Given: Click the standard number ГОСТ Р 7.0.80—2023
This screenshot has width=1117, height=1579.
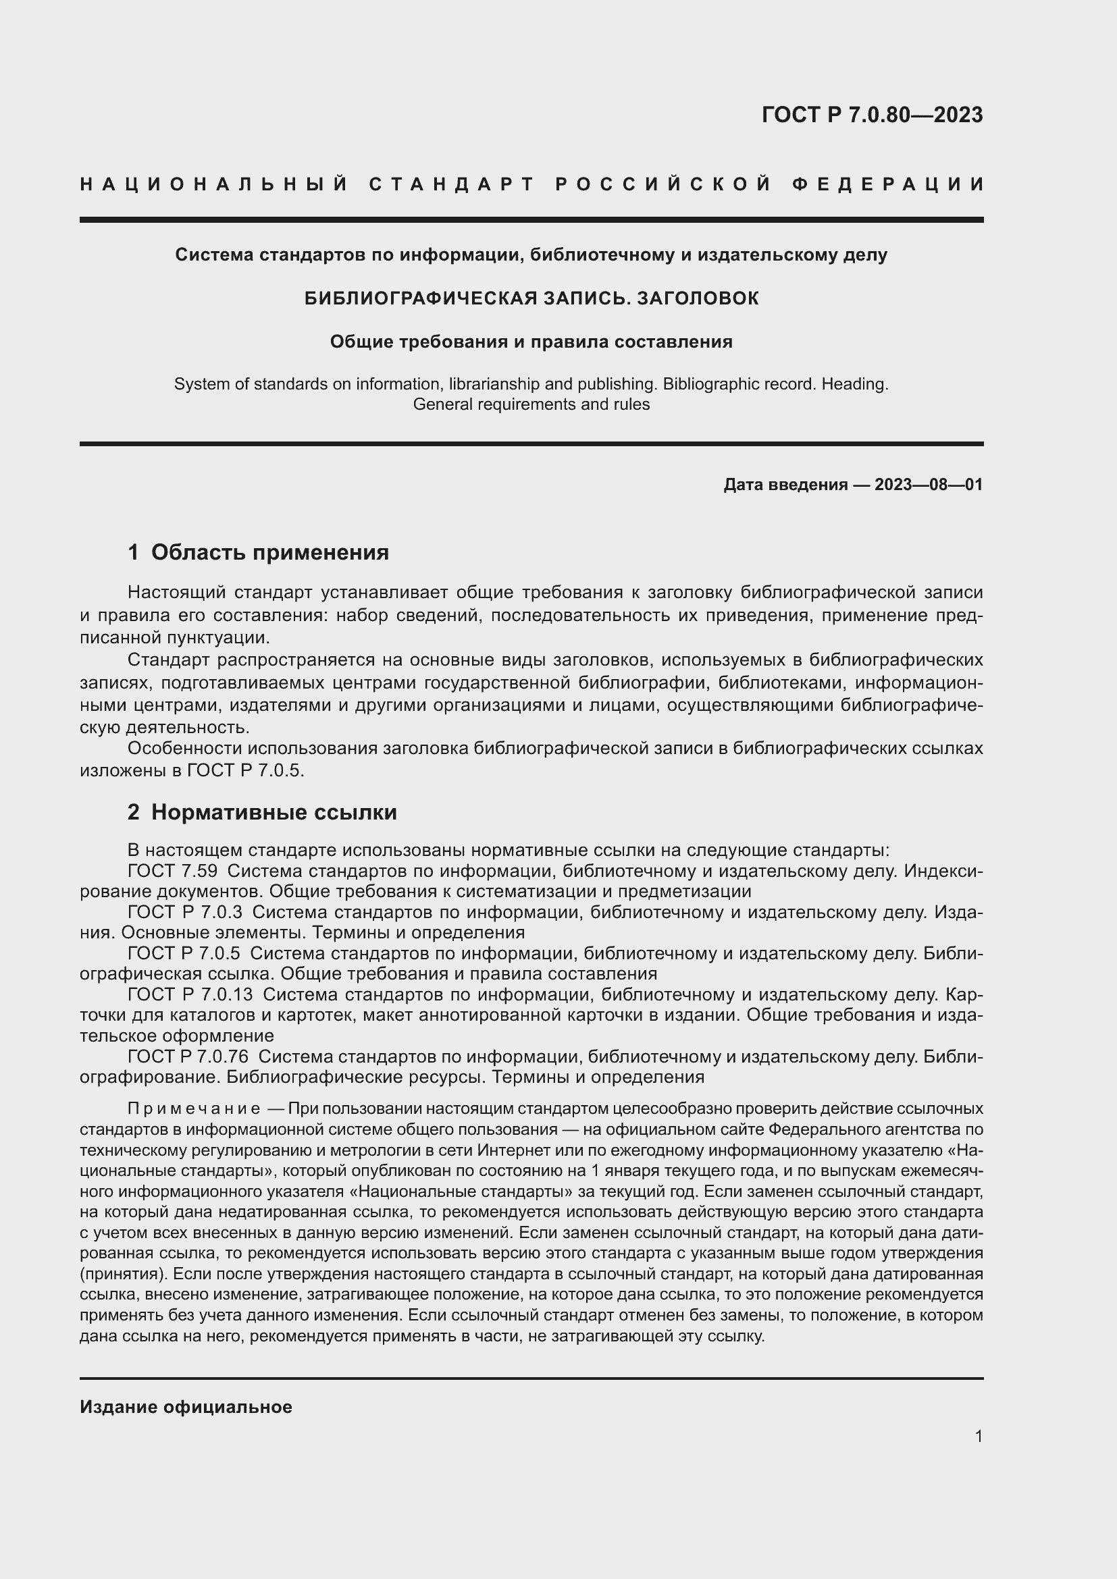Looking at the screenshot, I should point(872,115).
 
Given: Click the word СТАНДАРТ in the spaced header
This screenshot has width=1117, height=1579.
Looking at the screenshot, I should point(452,184).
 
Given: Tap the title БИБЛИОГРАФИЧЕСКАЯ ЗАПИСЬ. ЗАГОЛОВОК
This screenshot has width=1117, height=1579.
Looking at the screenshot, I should point(531,298).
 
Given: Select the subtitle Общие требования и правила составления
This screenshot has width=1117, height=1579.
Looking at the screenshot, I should point(531,342).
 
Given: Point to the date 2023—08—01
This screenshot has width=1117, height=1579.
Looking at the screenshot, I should point(929,485).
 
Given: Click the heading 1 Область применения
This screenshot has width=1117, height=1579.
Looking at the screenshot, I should point(258,552).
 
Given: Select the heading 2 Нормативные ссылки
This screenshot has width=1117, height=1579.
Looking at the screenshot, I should point(262,812).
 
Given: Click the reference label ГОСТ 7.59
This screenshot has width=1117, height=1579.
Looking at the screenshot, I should point(173,872).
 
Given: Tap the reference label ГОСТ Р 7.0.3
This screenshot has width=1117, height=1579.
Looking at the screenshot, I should point(185,913).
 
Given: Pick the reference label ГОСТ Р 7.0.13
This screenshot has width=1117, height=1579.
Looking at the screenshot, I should point(190,994).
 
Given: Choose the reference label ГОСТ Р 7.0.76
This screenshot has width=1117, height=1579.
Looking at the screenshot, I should point(188,1056).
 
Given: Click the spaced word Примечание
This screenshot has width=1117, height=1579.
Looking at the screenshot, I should point(194,1108).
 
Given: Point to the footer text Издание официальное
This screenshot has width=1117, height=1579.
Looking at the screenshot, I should point(186,1407).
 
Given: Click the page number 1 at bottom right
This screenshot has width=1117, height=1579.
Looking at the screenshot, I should point(978,1436).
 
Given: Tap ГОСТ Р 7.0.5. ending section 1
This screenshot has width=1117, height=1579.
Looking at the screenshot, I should point(245,770).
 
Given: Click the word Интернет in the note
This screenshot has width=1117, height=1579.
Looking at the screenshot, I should point(510,1150).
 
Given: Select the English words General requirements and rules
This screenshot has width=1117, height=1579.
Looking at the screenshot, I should point(531,404).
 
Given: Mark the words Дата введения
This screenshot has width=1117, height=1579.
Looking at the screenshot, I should point(785,485).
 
